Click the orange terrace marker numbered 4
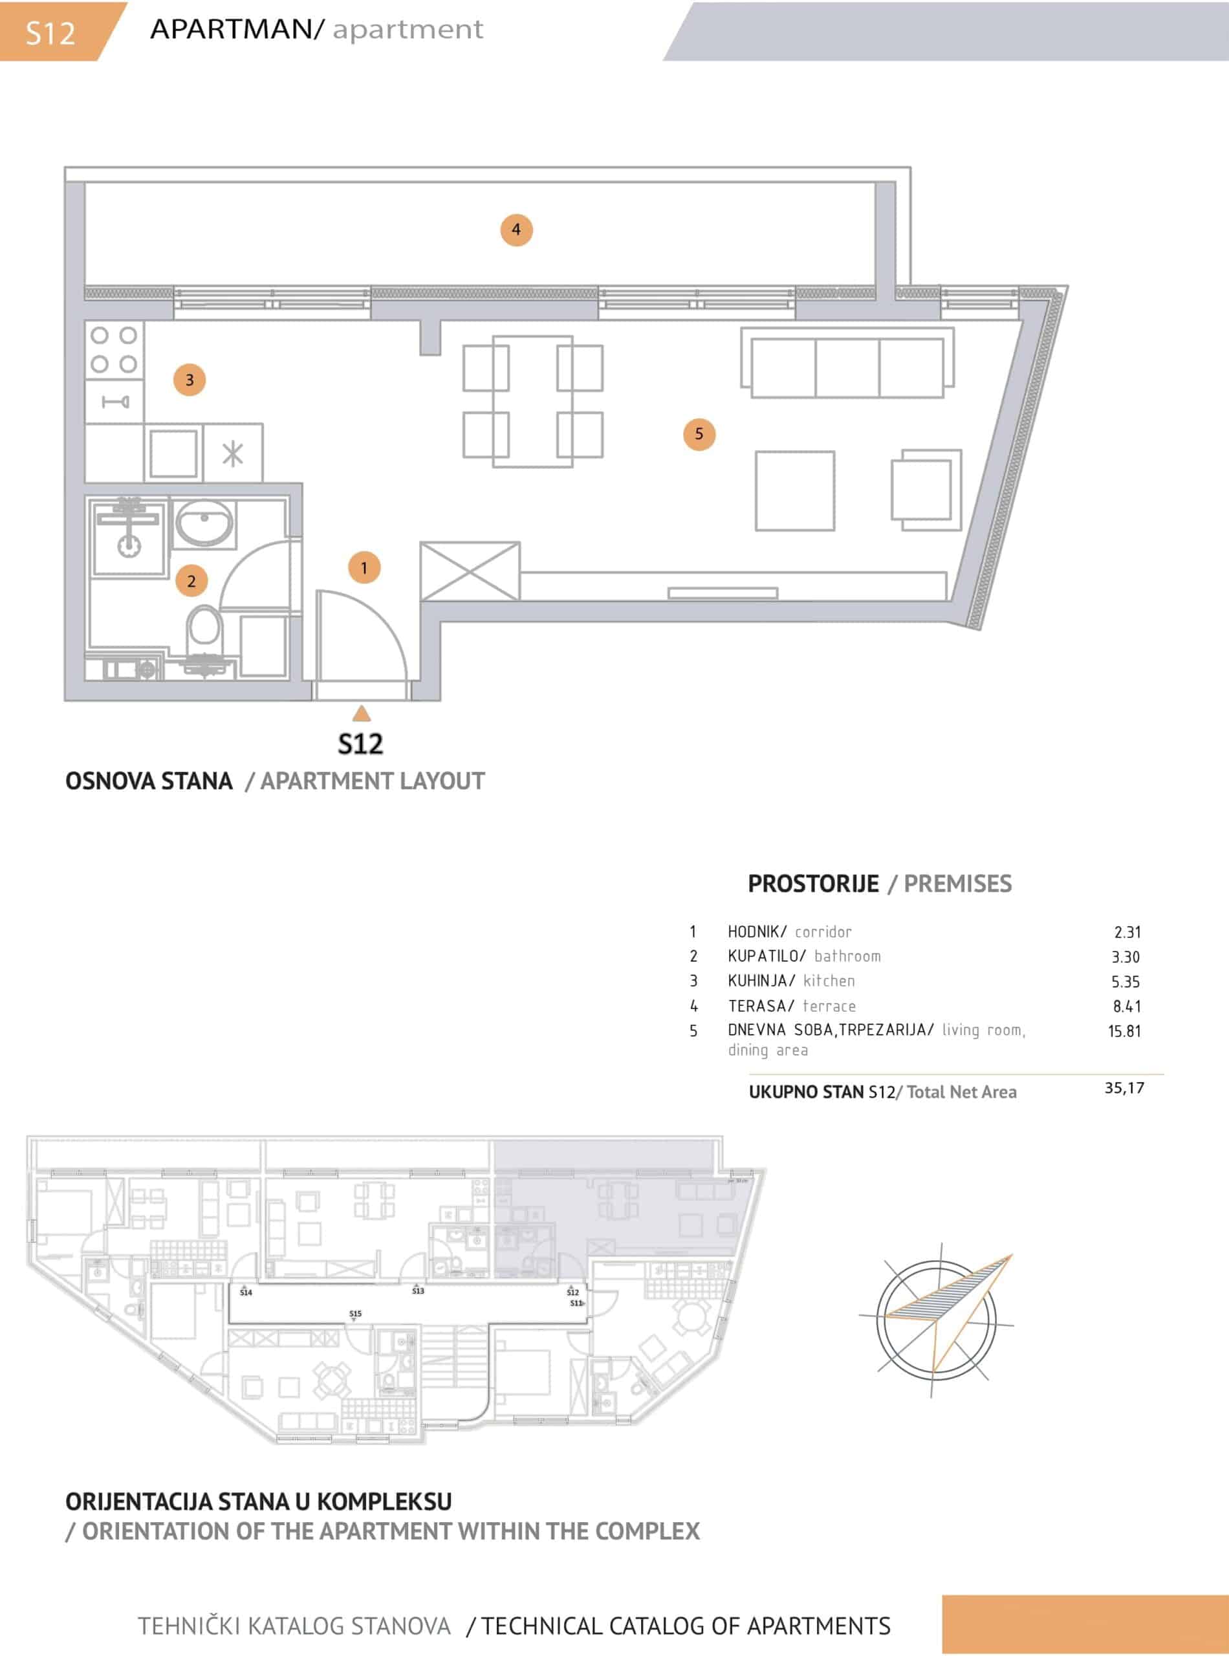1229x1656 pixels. [516, 230]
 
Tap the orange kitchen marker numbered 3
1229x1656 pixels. [190, 380]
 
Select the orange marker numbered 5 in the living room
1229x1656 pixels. [699, 433]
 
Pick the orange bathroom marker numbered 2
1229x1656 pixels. [191, 581]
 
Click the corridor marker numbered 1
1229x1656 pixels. [364, 567]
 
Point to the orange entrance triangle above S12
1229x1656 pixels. [362, 714]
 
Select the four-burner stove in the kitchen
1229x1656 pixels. [114, 351]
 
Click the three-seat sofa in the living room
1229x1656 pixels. [847, 363]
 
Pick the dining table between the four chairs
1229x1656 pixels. [532, 402]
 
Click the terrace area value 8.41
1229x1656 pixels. [1127, 1007]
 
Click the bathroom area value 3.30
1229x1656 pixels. [1126, 957]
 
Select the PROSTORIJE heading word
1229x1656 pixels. [813, 884]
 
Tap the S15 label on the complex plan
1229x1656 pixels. [356, 1314]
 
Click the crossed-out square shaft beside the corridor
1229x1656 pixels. [470, 571]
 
